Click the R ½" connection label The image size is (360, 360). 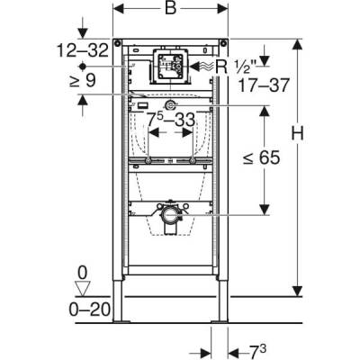pos(240,66)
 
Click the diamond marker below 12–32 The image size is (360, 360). pos(82,67)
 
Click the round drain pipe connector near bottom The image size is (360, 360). pos(168,217)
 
